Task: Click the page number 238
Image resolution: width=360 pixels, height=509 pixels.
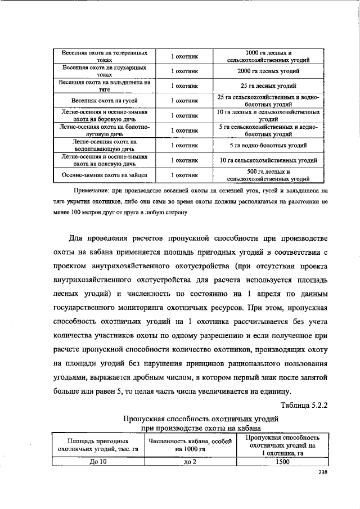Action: coord(322,472)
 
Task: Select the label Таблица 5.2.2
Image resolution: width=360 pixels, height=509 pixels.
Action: coord(303,406)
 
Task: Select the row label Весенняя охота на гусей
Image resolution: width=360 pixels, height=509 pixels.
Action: coord(105,101)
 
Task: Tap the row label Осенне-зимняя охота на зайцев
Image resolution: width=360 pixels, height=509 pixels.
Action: coord(105,175)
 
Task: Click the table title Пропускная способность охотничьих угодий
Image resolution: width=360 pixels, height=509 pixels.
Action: coord(201,419)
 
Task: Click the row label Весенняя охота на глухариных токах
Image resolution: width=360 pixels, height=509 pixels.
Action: coord(105,71)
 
